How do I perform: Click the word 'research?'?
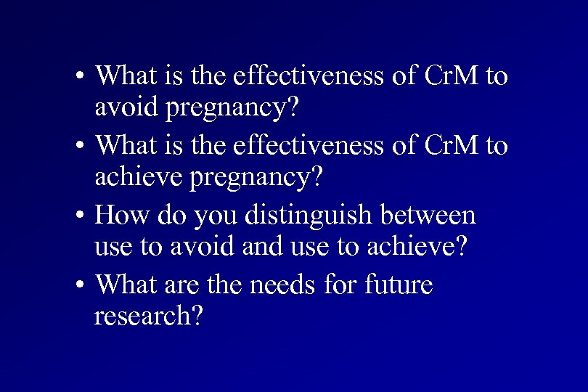[x=147, y=317]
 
